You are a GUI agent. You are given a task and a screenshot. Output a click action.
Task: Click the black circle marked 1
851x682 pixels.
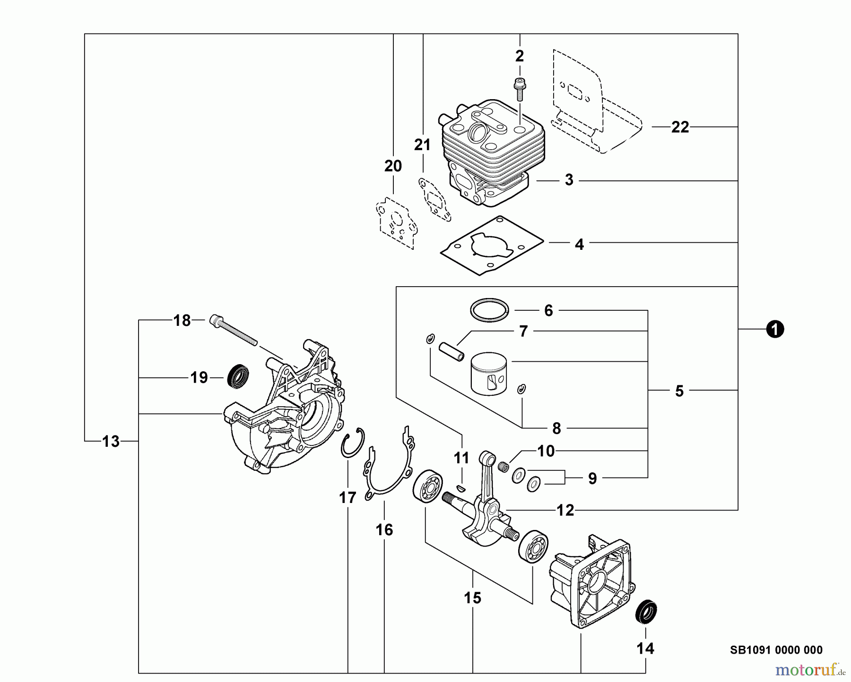click(775, 329)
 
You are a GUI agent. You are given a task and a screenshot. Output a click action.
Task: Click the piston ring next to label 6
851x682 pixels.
click(489, 310)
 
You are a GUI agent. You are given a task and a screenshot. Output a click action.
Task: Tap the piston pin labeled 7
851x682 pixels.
click(452, 352)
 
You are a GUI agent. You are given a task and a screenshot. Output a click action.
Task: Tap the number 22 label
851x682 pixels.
click(680, 127)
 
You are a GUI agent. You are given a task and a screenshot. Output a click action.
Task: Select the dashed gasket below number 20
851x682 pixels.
click(394, 222)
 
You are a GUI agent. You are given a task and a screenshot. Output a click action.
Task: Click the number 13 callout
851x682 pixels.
click(111, 442)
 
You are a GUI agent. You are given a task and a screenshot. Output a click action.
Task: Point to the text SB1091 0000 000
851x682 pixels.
click(776, 650)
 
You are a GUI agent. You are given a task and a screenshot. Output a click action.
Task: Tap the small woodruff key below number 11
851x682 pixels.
click(461, 486)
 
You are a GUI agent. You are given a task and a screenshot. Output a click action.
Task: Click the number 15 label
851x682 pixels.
click(472, 598)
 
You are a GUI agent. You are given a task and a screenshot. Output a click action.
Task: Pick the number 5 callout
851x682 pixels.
click(679, 391)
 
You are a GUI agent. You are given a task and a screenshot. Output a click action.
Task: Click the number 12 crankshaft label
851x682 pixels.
click(565, 510)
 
